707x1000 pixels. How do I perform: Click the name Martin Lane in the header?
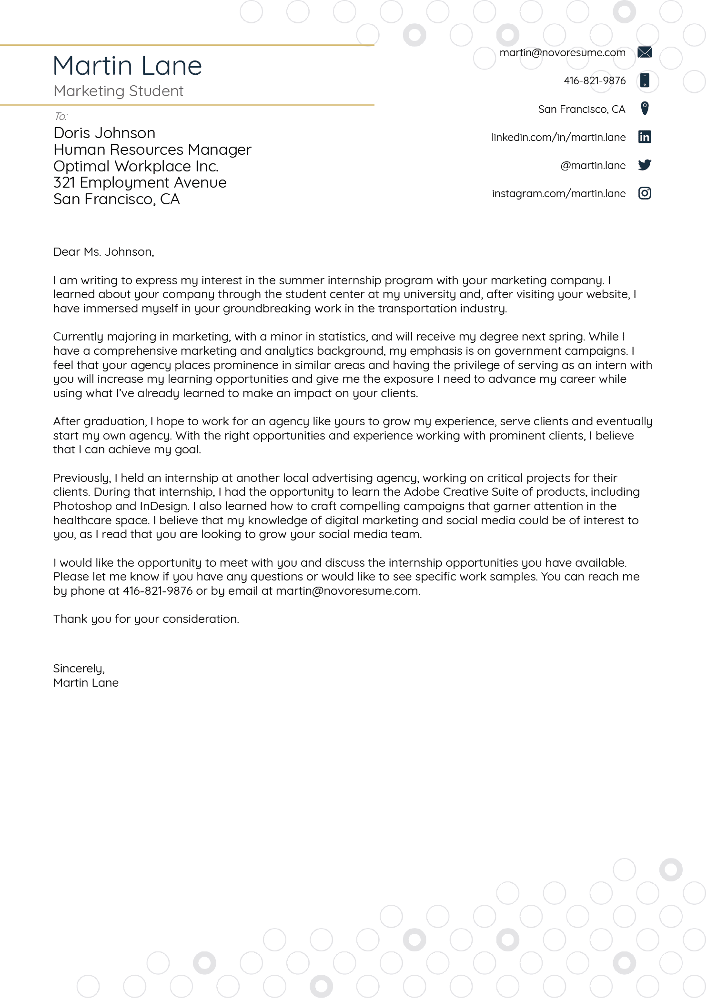pos(127,66)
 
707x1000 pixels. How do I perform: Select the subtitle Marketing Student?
pos(118,91)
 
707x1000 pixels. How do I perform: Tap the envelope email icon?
pos(644,52)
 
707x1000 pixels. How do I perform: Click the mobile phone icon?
pos(644,80)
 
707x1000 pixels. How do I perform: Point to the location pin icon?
pos(644,109)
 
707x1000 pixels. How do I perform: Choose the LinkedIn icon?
pos(644,137)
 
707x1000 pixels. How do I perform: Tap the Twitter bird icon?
pos(644,165)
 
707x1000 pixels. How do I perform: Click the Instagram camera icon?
pos(644,193)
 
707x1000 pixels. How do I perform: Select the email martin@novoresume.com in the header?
pos(562,53)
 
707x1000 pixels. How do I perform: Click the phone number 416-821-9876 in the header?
pos(594,81)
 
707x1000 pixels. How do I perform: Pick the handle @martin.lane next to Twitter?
pos(593,166)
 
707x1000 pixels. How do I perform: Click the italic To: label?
pos(61,116)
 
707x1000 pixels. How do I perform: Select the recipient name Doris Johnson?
pos(104,133)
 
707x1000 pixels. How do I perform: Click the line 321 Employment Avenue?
pos(140,183)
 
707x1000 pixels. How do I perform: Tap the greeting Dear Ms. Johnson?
pos(103,252)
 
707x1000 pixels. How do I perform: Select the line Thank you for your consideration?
pos(146,619)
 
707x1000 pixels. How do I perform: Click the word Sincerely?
pos(78,669)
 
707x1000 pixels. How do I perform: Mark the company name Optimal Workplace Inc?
pos(136,166)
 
